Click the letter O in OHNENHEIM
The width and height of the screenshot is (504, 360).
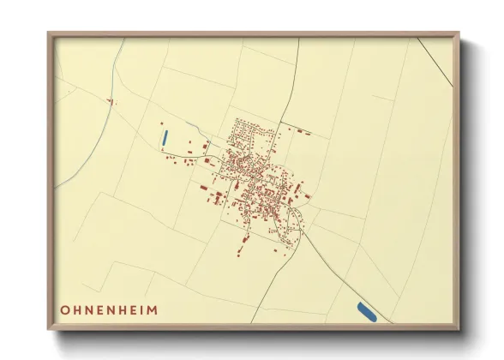click(x=64, y=309)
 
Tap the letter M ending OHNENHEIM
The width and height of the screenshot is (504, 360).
click(x=153, y=309)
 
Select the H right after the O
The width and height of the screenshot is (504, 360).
click(x=76, y=309)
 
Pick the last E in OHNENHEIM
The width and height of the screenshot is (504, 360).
click(x=132, y=309)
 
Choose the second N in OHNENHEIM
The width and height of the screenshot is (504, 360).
click(x=110, y=309)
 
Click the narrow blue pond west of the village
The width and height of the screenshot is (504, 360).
click(x=164, y=136)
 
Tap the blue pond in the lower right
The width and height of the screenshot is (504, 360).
click(x=366, y=312)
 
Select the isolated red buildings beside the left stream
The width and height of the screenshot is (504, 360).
click(x=110, y=101)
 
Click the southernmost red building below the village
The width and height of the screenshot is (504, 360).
click(x=239, y=253)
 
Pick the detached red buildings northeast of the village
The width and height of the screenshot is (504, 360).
click(x=301, y=132)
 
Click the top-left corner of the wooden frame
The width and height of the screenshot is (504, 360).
click(x=49, y=34)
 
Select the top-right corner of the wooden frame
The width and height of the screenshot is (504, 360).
click(x=459, y=34)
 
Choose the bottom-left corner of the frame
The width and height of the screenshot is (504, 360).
click(x=49, y=330)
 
